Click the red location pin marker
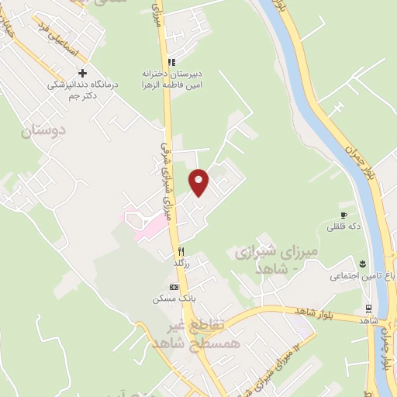click(x=199, y=181)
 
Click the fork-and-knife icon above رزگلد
click(x=181, y=250)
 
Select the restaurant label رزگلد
click(x=182, y=265)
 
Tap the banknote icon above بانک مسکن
click(x=174, y=286)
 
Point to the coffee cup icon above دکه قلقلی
click(x=343, y=215)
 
